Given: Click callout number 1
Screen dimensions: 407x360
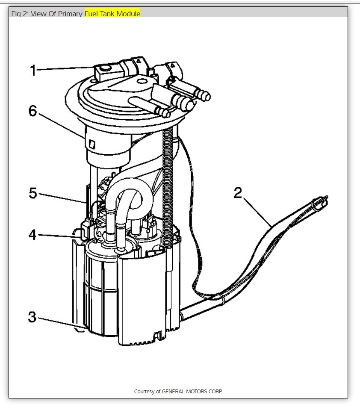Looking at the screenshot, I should [x=33, y=70].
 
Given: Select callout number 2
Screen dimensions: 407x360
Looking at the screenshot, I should [x=238, y=193].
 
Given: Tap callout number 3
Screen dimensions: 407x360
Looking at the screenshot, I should [x=32, y=317].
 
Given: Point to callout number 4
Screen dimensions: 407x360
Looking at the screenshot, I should [x=32, y=235].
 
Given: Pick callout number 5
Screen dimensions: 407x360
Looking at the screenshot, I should [x=33, y=193].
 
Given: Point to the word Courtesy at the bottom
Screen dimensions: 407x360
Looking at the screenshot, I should [x=144, y=391].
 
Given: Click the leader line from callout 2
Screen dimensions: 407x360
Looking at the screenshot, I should [x=257, y=212].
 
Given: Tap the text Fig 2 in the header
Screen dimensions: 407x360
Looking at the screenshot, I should [x=20, y=14].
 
